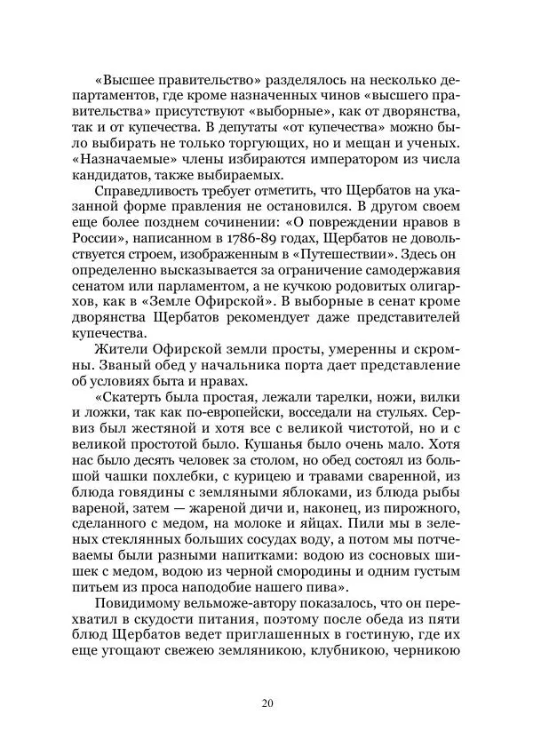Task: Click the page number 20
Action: (x=267, y=704)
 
